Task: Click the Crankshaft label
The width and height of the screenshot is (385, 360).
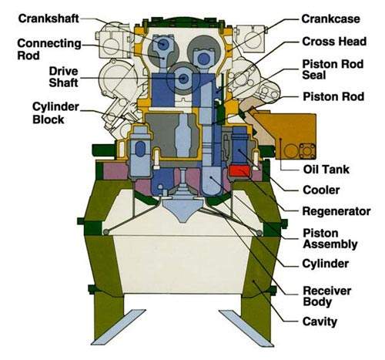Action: [x=49, y=19]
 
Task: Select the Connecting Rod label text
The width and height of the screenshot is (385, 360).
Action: [x=49, y=49]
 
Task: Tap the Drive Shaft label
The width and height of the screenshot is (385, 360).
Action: [x=63, y=77]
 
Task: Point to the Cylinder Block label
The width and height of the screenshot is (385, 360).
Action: [x=55, y=113]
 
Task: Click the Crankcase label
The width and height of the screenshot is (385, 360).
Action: [x=330, y=19]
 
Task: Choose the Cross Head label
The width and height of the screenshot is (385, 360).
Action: [x=334, y=42]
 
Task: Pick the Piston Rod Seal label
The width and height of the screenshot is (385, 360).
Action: [x=333, y=69]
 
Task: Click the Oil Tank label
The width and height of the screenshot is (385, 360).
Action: [x=326, y=170]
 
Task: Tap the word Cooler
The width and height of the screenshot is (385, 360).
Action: [x=321, y=190]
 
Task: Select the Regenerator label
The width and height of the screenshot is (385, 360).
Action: [x=336, y=211]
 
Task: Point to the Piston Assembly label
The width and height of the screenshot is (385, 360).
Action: [x=330, y=239]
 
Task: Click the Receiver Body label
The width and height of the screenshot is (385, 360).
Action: [x=326, y=296]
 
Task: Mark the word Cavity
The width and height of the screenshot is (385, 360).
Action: [x=320, y=321]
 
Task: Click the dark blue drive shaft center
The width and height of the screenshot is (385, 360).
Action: [x=183, y=78]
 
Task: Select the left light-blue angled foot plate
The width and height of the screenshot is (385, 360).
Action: [x=119, y=327]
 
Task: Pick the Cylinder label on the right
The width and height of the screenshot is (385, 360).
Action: [x=325, y=264]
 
